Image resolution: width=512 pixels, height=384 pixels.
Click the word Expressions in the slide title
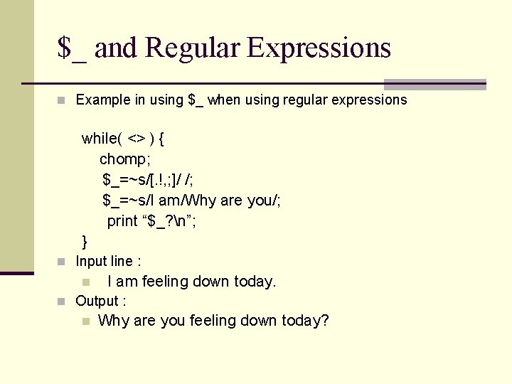(x=319, y=48)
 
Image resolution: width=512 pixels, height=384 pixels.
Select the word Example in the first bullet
(x=103, y=100)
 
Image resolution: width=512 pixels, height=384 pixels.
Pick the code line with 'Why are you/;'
(x=191, y=200)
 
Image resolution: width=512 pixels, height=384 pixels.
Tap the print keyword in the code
(x=122, y=220)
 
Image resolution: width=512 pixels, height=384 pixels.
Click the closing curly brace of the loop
(x=85, y=242)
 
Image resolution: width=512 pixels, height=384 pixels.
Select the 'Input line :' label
(x=108, y=261)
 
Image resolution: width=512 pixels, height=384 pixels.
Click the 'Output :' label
(x=101, y=301)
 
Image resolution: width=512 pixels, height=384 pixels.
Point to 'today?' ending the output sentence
(x=305, y=321)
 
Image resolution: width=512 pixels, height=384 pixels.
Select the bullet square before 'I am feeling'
(x=85, y=282)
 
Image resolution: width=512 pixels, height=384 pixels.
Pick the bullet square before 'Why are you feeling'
(x=85, y=321)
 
